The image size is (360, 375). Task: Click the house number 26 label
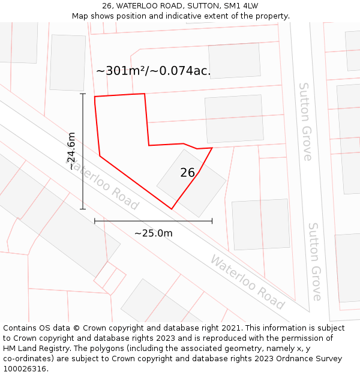tap(188, 173)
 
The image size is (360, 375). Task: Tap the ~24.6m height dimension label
tap(72, 151)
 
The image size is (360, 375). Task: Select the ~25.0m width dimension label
tap(153, 233)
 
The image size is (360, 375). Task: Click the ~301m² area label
tap(153, 71)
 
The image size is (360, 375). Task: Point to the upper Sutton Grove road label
tap(306, 122)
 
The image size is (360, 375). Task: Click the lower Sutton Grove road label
tap(316, 262)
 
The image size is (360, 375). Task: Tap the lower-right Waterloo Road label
tap(247, 281)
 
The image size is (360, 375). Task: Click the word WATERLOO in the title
tap(138, 6)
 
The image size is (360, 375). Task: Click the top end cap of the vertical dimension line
tap(83, 94)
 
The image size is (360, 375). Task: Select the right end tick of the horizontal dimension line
tap(212, 221)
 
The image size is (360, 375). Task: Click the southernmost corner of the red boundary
tap(172, 209)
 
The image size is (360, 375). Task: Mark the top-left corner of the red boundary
tap(95, 97)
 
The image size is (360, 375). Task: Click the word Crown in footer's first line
tap(97, 328)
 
